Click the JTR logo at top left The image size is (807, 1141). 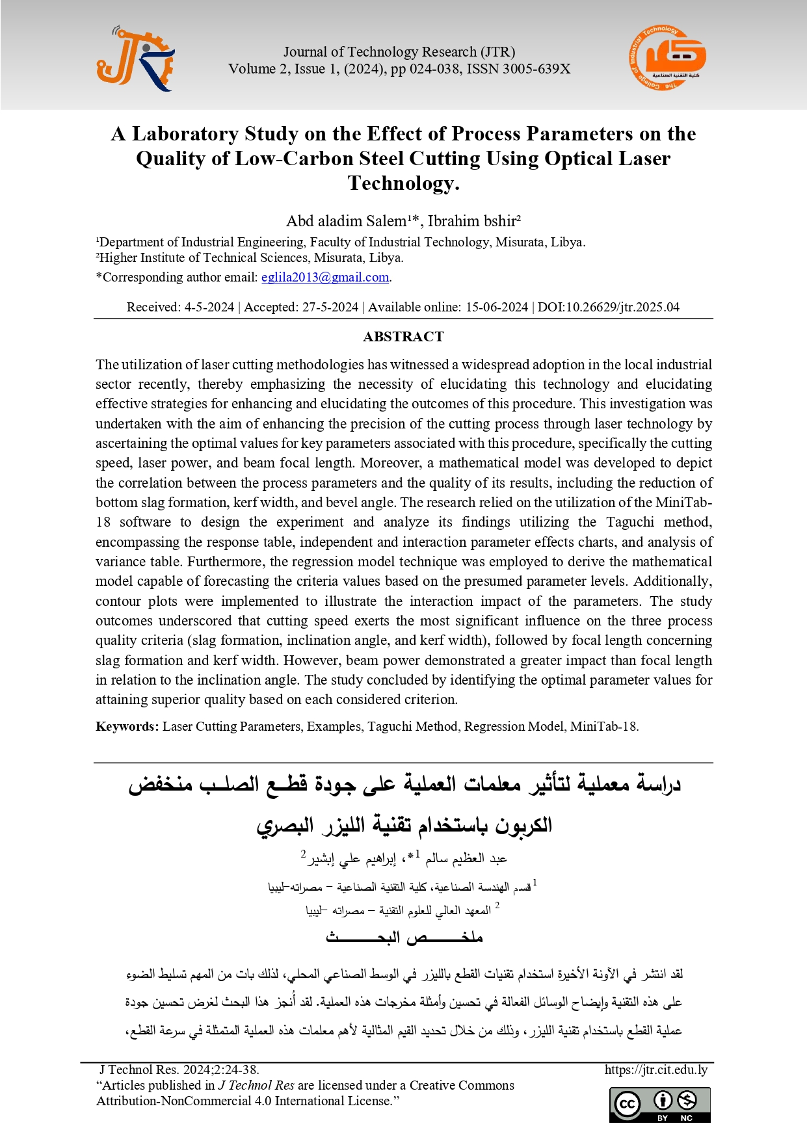coord(136,60)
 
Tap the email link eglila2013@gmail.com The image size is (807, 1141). coord(324,278)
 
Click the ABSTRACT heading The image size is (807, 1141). coord(403,337)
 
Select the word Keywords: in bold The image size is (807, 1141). coord(127,726)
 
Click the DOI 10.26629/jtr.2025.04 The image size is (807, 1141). coord(608,307)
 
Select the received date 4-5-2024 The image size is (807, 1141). coord(209,307)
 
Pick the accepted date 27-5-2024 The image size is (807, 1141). coord(330,307)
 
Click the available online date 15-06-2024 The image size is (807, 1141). coord(496,307)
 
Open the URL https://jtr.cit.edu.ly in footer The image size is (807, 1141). coord(655,1069)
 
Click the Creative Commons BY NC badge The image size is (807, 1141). coord(659,1105)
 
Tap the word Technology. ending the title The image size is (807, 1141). coord(403,183)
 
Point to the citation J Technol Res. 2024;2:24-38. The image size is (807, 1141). coord(179,1069)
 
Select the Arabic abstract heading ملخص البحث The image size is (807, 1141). coord(404,938)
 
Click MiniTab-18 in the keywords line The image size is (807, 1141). coord(604,726)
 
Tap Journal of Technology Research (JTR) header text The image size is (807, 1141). coord(399,52)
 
